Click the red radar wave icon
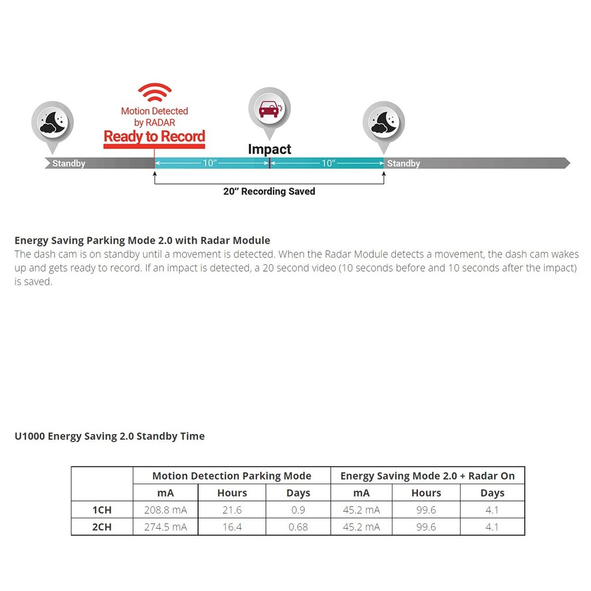pos(155,92)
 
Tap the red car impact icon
pos(269,109)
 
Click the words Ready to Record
pos(154,137)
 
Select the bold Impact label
pos(270,149)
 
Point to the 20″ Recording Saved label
pos(269,192)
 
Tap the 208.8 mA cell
pos(165,510)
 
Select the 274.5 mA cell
pos(165,527)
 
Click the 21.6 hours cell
pos(232,510)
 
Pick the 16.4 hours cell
pos(232,527)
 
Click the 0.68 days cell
pos(298,527)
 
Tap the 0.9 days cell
pos(298,510)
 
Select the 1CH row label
pos(102,510)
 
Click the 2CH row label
pos(102,527)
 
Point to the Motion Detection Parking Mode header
pos(231,476)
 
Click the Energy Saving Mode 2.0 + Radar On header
pos(427,476)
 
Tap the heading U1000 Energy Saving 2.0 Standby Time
pos(110,436)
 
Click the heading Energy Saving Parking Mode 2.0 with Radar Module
pos(142,240)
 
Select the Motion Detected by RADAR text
pos(154,117)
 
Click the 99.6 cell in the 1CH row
pos(426,510)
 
